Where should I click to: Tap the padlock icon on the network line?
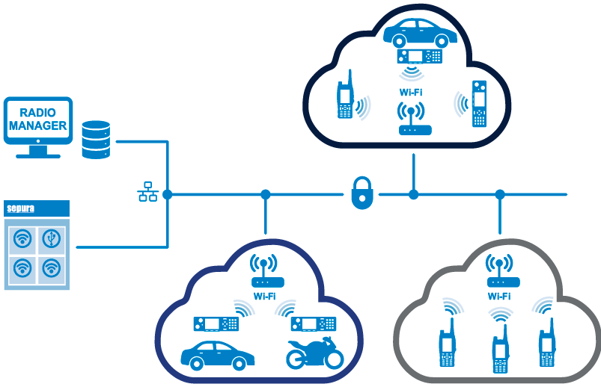(361, 193)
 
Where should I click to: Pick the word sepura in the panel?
(22, 208)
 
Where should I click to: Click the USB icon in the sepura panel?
(51, 238)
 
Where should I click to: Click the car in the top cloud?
(420, 31)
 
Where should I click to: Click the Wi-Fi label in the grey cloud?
(499, 296)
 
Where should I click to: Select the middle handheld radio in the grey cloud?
(499, 349)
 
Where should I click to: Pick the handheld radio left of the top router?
(346, 99)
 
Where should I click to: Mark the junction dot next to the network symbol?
(167, 194)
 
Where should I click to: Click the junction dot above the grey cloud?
(500, 194)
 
